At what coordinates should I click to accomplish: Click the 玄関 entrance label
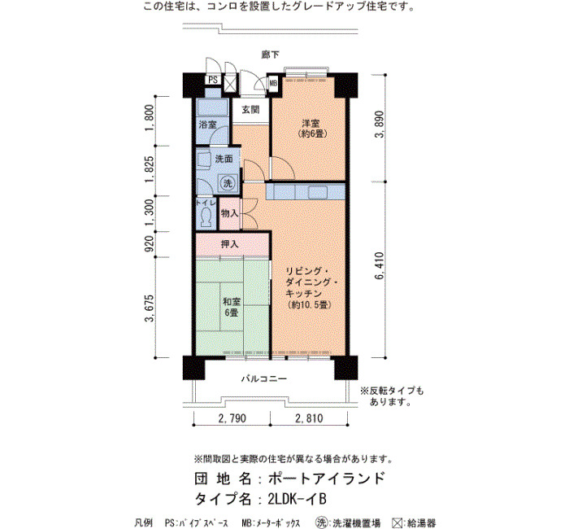tap(250, 109)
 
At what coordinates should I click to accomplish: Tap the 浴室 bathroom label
tap(207, 125)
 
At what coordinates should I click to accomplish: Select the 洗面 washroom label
tap(224, 159)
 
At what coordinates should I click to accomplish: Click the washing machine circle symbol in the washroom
tap(228, 183)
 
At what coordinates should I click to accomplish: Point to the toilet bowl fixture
tap(206, 217)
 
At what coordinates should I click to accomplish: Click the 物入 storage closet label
tap(230, 213)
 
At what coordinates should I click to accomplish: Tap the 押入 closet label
tap(230, 244)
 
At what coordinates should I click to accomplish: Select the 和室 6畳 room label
tap(231, 307)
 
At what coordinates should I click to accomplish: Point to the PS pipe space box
tap(213, 80)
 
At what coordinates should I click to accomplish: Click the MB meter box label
tap(273, 83)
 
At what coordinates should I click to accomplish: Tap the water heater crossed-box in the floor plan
tap(230, 83)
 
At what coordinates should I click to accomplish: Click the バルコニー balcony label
tap(264, 379)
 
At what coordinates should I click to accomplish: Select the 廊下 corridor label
tap(271, 55)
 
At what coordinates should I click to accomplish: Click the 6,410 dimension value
tap(380, 265)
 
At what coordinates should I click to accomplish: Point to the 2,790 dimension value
tap(232, 418)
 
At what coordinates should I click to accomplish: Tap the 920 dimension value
tap(149, 244)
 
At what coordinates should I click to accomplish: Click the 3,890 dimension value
tap(380, 125)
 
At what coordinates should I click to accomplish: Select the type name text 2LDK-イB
tap(298, 499)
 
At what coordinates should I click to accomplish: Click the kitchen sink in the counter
tap(319, 192)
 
